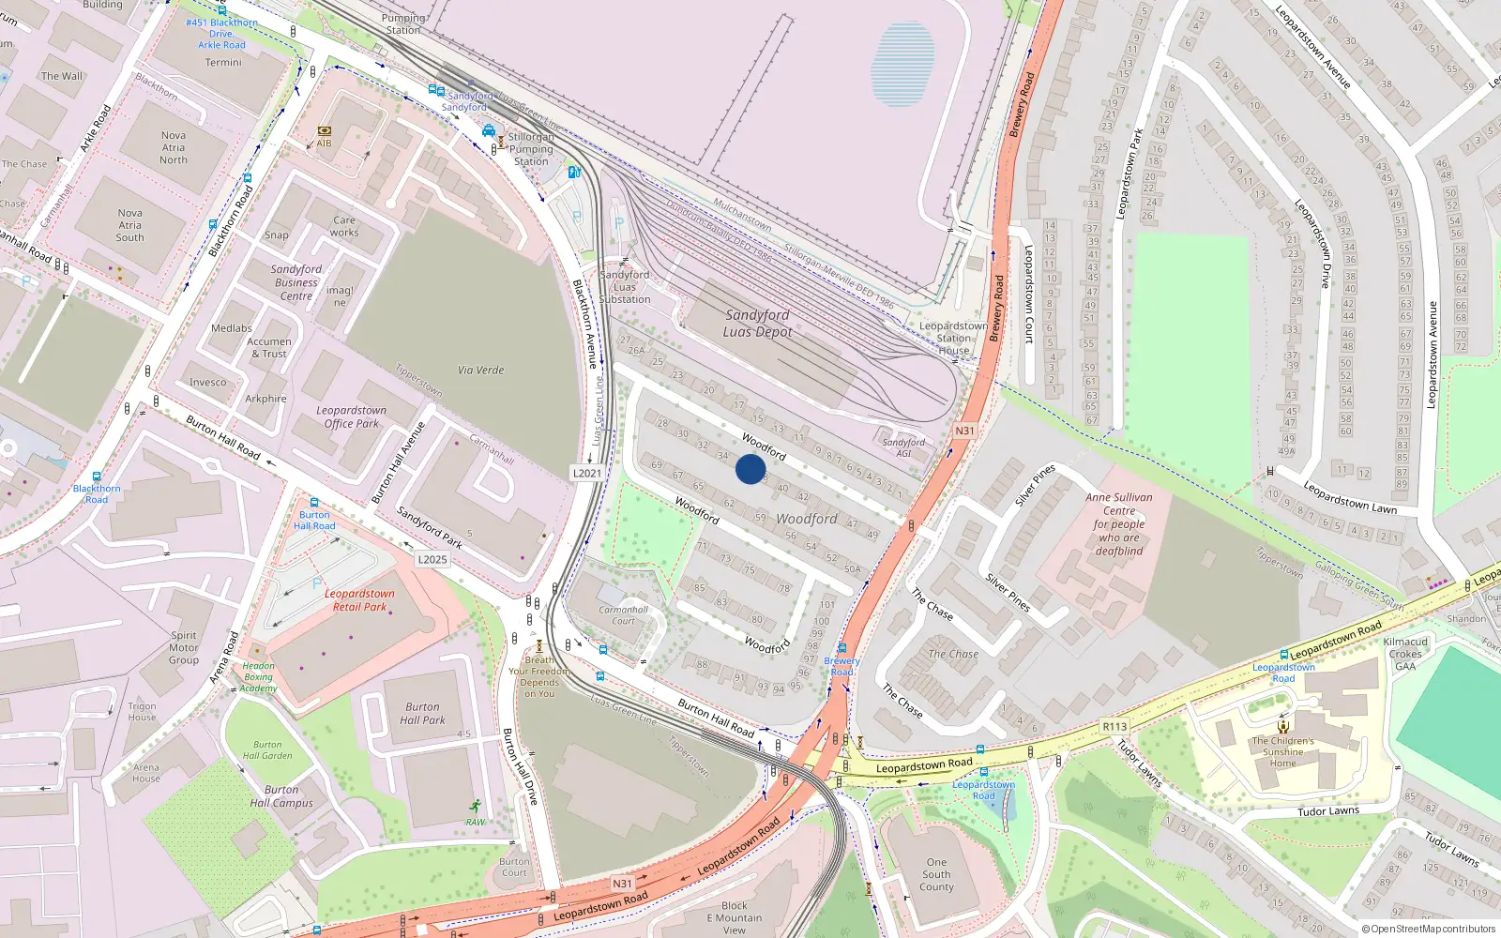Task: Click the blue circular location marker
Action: coord(750,469)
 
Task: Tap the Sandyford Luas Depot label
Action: coord(757,324)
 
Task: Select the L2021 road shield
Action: coord(587,473)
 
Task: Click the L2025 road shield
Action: coord(432,559)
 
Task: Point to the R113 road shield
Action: coord(1114,726)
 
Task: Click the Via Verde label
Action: coord(480,371)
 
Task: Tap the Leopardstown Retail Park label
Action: coord(359,600)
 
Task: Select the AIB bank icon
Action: coord(324,131)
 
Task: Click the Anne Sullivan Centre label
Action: coord(1119,523)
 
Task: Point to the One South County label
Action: coord(936,874)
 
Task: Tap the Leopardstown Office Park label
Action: coord(352,417)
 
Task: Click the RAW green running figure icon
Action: coord(476,807)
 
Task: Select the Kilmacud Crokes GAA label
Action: coord(1405,654)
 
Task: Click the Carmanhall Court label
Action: coord(623,615)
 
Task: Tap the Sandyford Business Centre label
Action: coord(296,282)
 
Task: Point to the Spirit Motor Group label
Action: coord(184,647)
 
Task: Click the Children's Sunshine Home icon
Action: coord(1283,725)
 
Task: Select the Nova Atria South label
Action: coord(129,225)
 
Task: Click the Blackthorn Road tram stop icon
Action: coord(97,477)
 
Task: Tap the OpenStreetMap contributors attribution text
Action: coord(1428,929)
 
